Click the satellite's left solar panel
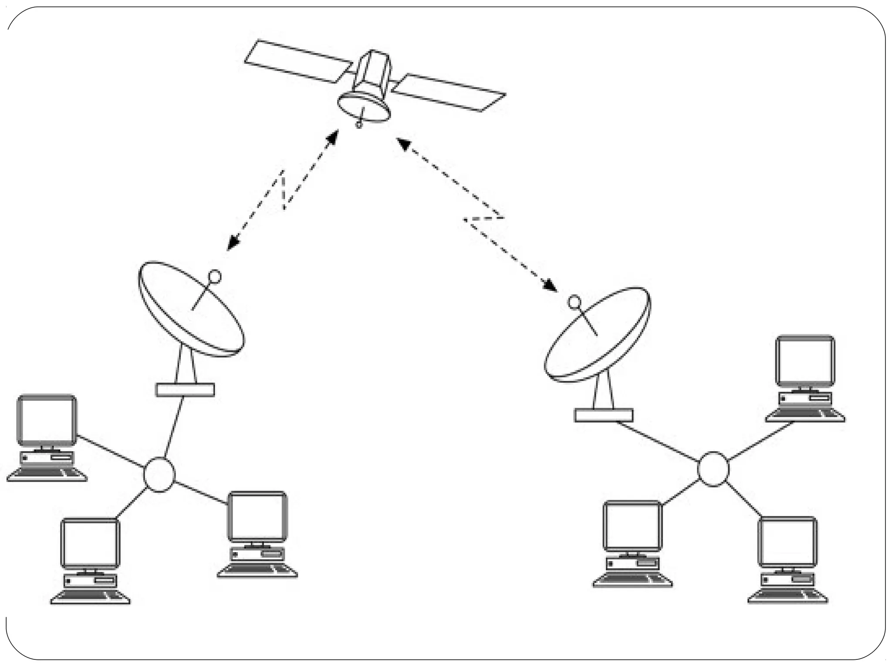tap(298, 61)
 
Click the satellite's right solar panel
tap(449, 92)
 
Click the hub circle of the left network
tap(159, 475)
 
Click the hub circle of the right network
tap(713, 469)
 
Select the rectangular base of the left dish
tap(185, 390)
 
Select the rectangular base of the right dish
tap(604, 415)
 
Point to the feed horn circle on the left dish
tap(215, 276)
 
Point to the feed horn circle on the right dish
tap(574, 301)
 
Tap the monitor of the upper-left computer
tap(47, 420)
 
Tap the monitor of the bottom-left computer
tap(90, 544)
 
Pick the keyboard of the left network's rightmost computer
tap(257, 571)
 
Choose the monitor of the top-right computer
tap(805, 361)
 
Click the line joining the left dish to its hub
tap(174, 427)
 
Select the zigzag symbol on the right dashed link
tap(483, 219)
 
